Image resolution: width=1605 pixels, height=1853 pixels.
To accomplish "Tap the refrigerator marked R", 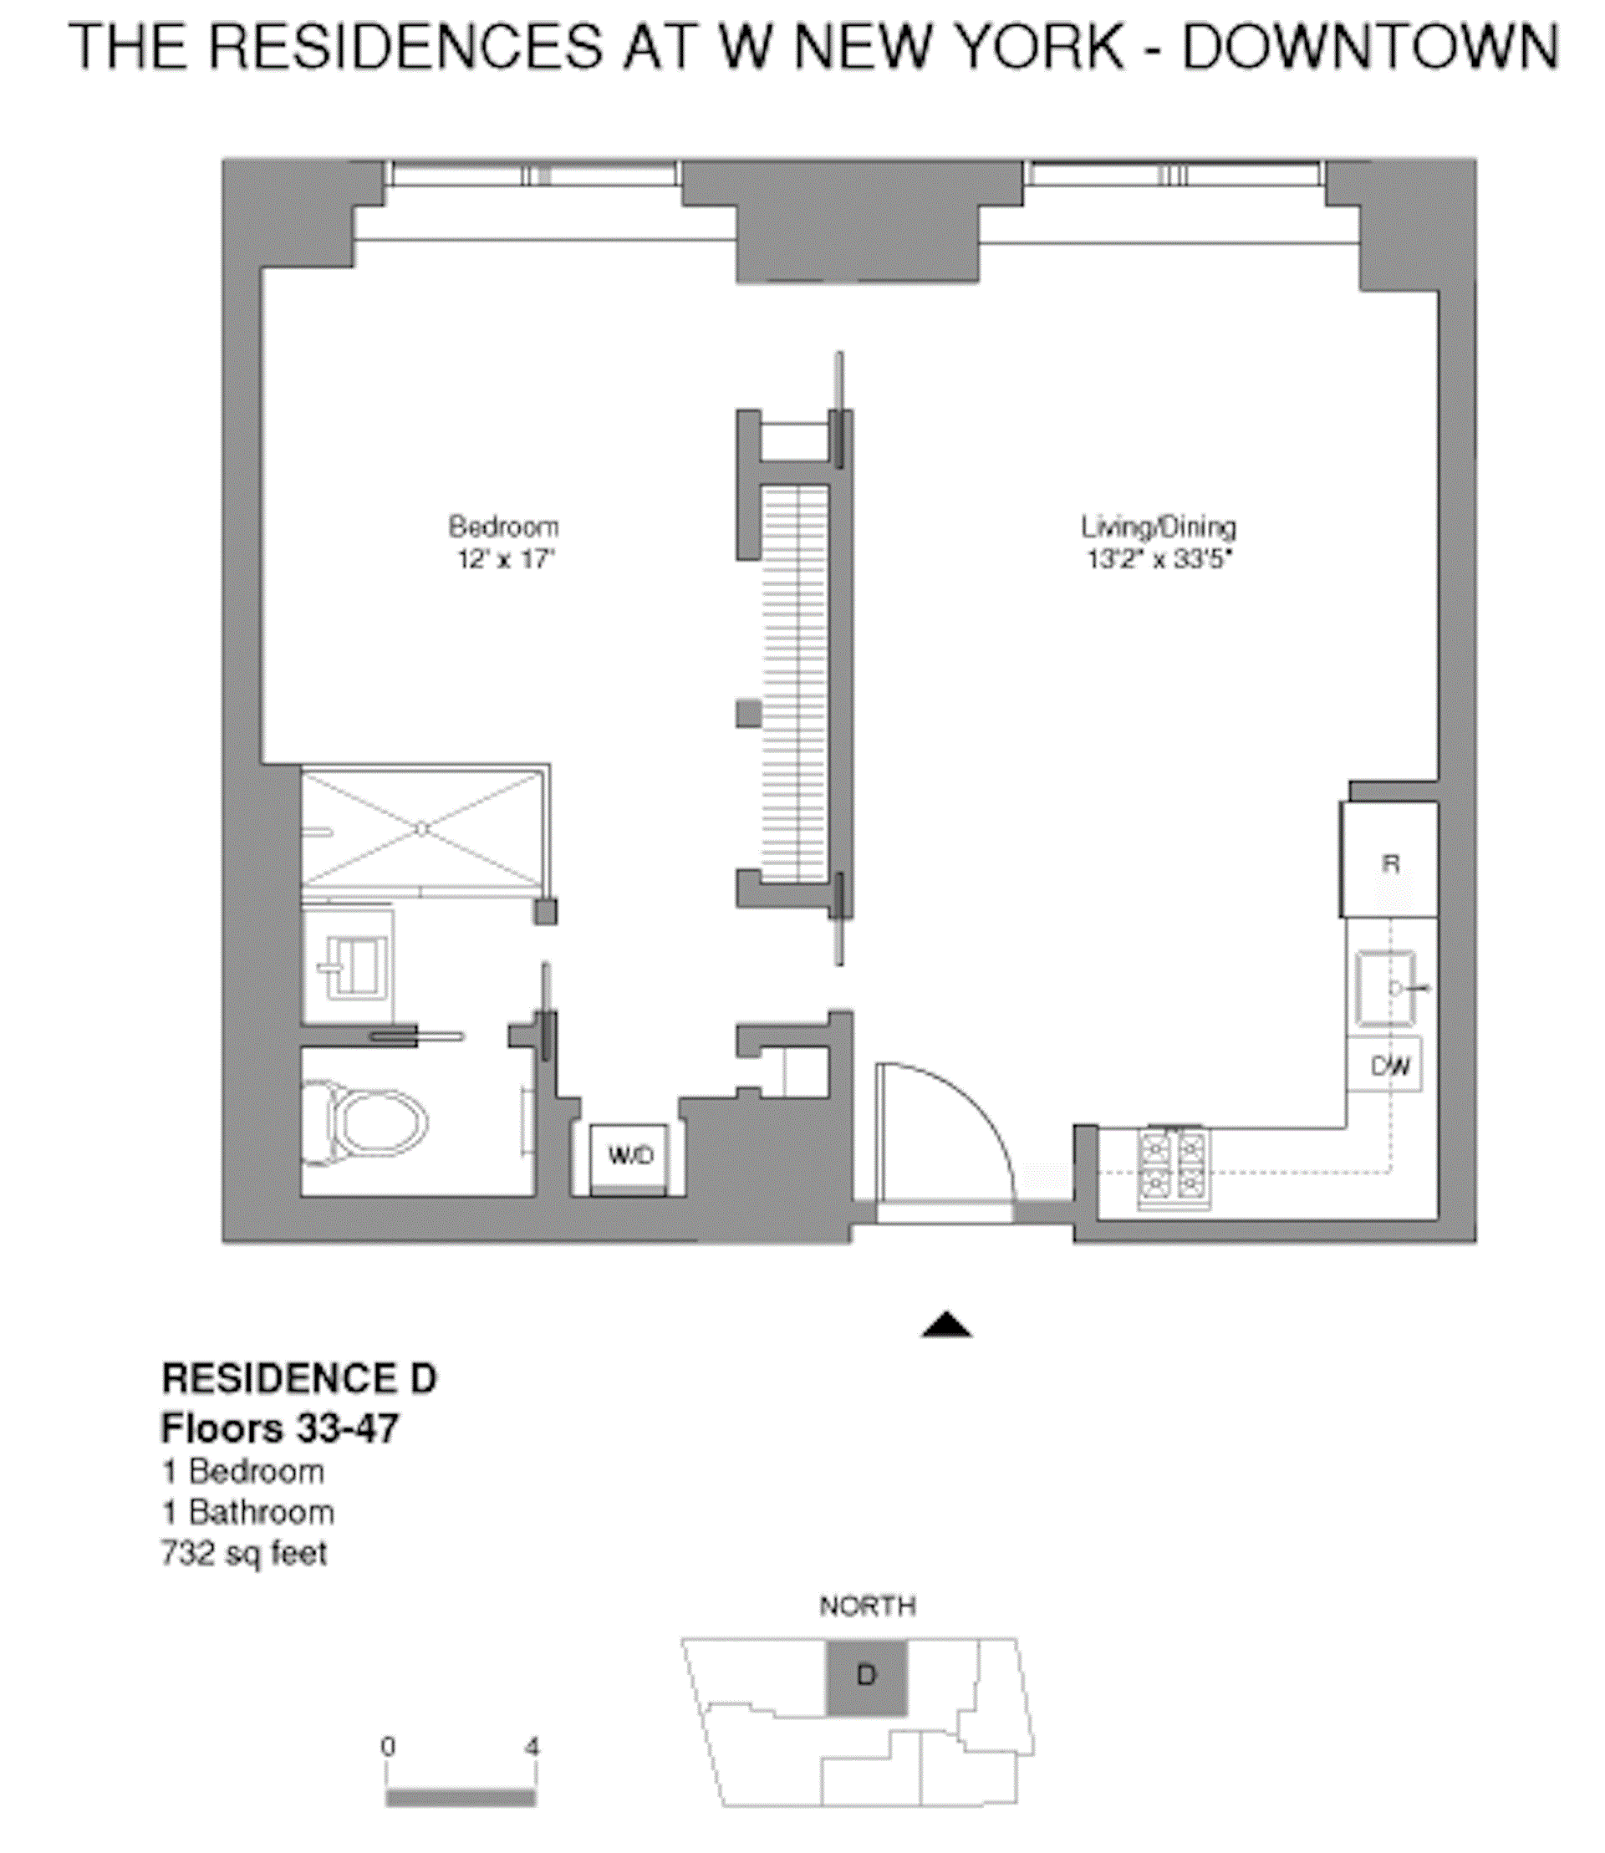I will click(1389, 862).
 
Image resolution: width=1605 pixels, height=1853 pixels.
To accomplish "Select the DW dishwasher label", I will click(1389, 1066).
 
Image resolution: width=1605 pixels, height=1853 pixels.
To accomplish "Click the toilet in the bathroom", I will click(372, 1123).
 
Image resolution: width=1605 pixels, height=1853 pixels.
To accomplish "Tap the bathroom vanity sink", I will click(351, 967).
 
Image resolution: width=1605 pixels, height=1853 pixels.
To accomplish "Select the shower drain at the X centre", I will click(423, 829).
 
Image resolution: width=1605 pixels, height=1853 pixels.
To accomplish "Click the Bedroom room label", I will click(503, 526).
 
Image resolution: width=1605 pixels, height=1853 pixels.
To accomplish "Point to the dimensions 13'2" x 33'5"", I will click(1159, 560).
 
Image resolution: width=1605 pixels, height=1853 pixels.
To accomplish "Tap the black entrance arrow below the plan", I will click(945, 1326).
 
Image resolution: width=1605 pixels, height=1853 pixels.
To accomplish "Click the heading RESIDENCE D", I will click(299, 1379).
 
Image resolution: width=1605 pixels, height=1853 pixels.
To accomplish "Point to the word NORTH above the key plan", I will click(867, 1606).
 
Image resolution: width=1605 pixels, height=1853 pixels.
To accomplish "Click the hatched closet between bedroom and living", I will click(794, 685).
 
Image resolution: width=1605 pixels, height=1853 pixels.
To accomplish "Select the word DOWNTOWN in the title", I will click(1369, 47).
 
